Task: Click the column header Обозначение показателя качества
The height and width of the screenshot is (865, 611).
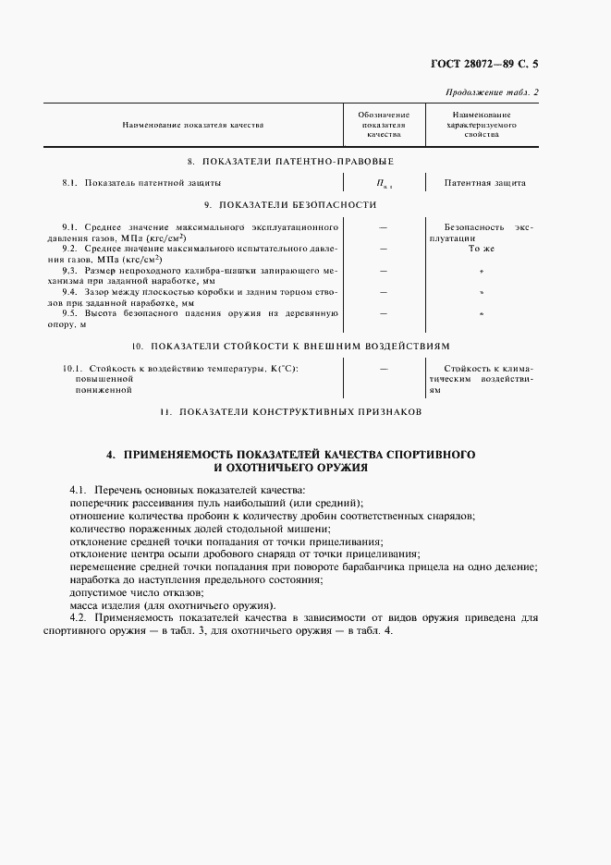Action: point(383,124)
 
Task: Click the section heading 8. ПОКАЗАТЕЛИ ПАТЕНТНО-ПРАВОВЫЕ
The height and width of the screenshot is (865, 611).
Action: point(290,161)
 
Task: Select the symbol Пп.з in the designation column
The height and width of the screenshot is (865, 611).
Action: point(383,184)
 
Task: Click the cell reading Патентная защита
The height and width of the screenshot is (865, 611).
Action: point(484,183)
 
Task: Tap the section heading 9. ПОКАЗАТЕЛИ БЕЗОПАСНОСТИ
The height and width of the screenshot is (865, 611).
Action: point(290,204)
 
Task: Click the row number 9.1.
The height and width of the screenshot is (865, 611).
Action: point(69,226)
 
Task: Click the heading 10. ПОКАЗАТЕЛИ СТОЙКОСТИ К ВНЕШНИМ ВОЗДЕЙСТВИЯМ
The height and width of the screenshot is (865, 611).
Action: point(290,346)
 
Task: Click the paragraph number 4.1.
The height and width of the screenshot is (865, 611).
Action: point(78,489)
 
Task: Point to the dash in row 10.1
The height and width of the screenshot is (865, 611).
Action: point(383,368)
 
